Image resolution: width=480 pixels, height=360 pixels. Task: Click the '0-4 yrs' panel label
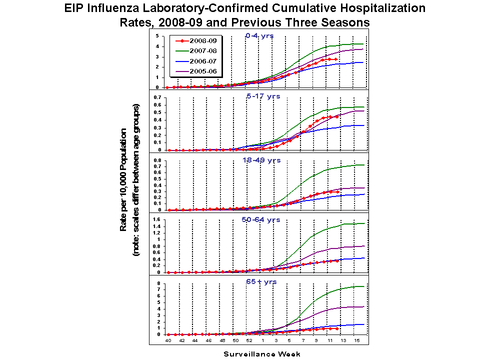tap(259, 35)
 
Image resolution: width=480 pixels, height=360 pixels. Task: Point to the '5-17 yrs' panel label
tap(263, 96)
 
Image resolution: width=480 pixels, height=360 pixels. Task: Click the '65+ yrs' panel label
tap(260, 282)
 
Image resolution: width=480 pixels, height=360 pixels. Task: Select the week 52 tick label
tap(249, 340)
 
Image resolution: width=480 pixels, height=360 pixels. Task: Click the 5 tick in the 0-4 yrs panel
tap(157, 36)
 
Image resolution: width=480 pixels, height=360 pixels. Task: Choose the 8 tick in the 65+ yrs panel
tap(157, 283)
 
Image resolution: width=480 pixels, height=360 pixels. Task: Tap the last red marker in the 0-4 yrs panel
tap(335, 59)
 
